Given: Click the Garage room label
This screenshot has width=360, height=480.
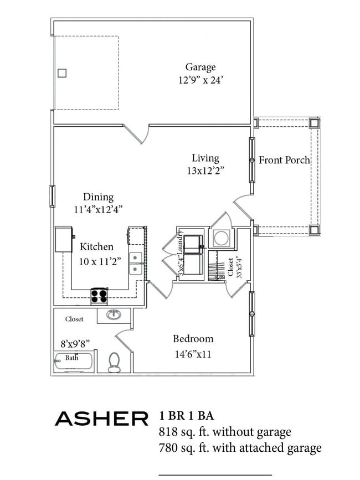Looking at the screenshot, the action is click(200, 68).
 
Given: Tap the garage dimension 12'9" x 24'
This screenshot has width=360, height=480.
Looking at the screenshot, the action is click(200, 80).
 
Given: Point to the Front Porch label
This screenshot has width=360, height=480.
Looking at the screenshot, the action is click(284, 160).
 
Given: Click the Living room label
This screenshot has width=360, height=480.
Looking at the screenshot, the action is click(205, 158).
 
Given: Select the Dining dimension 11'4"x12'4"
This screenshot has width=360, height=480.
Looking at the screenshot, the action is click(98, 210).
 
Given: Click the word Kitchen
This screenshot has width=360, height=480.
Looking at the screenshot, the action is click(96, 247).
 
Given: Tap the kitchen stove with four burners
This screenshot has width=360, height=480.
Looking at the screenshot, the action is click(100, 296).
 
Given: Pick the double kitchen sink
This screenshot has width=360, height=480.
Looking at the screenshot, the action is click(135, 263).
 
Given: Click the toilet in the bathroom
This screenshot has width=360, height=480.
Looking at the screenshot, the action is click(114, 362).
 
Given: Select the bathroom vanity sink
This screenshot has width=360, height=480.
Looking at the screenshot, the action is click(114, 314).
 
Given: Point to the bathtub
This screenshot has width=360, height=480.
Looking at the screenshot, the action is click(74, 362).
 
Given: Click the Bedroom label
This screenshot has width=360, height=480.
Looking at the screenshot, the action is click(193, 339).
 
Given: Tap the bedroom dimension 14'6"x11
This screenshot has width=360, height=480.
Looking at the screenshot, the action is click(193, 354).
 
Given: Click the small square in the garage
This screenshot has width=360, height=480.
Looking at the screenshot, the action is click(62, 73).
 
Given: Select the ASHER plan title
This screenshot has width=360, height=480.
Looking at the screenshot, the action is click(102, 419).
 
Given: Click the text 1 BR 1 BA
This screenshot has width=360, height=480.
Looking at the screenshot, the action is click(187, 416).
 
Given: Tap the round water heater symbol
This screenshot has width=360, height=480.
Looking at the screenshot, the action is click(222, 238).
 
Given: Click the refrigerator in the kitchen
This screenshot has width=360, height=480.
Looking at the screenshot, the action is click(64, 239).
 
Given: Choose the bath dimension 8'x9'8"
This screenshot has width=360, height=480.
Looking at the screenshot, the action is click(75, 344).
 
